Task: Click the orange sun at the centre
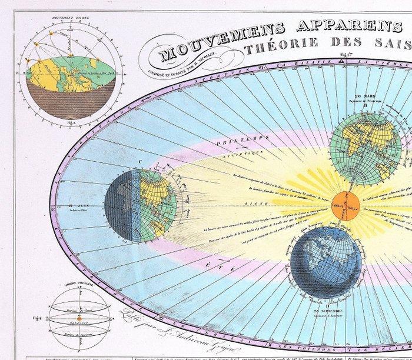[345, 205]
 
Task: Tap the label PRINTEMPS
[222, 142]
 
